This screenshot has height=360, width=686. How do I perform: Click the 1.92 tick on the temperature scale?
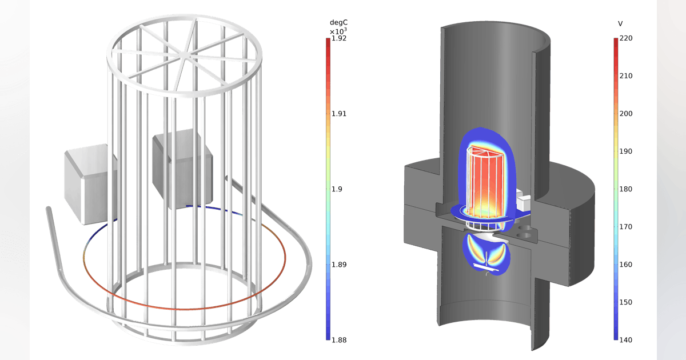tap(340, 39)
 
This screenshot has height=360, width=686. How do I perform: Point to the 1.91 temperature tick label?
tap(340, 114)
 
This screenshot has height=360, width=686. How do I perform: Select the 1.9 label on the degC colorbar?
tap(337, 189)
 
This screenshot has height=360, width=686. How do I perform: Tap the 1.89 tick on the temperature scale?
tap(340, 265)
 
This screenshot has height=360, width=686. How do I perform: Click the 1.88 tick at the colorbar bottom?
tap(340, 340)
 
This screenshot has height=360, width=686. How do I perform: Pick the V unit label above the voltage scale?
tap(620, 23)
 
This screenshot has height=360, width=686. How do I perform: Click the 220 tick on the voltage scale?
tap(626, 38)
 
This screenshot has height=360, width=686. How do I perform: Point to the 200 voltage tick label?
tap(626, 114)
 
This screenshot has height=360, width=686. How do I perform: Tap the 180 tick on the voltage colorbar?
tap(626, 189)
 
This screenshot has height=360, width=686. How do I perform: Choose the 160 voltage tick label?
tap(626, 265)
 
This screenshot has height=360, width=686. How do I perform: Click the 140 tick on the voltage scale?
tap(626, 340)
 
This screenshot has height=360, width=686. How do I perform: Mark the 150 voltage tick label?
tap(626, 302)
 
